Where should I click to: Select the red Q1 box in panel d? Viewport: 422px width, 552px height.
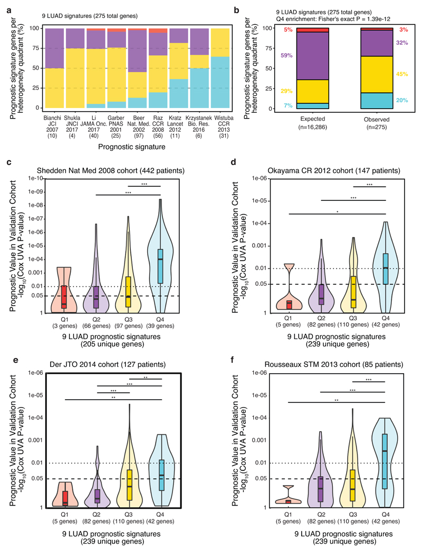[x=288, y=305]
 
